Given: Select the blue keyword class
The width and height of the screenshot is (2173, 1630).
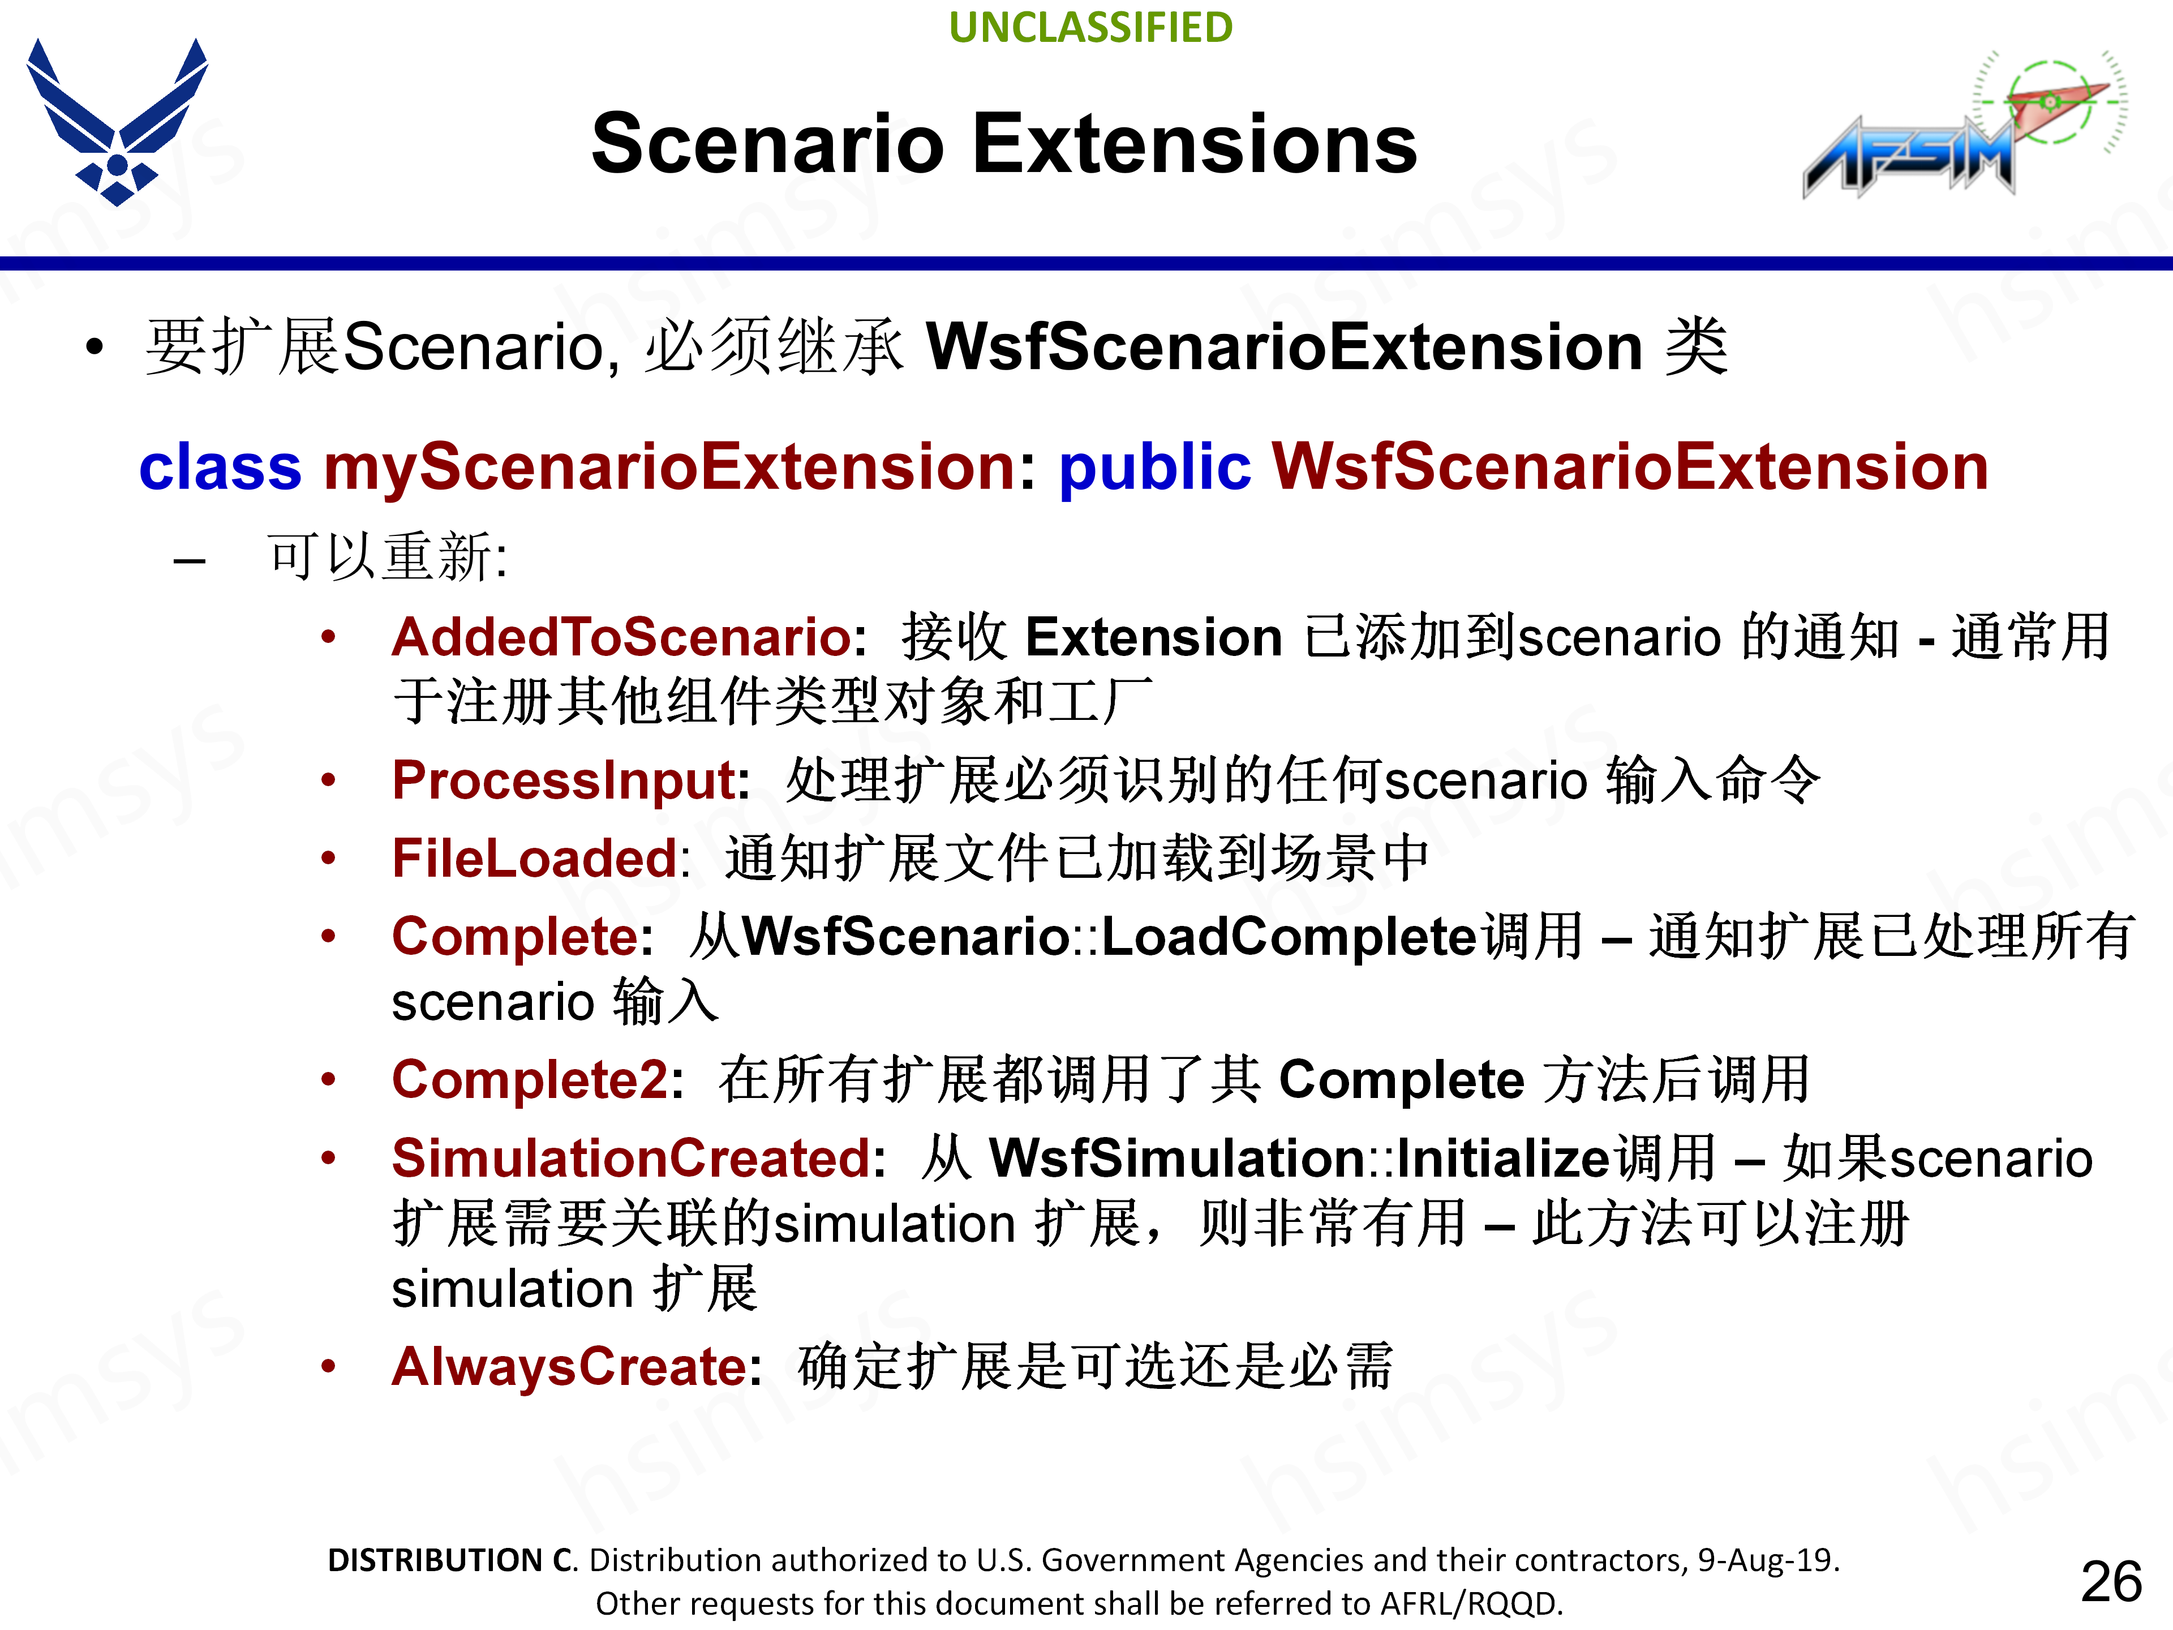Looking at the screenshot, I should (x=220, y=467).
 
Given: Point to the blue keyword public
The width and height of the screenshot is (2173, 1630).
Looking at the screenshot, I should (x=1154, y=467).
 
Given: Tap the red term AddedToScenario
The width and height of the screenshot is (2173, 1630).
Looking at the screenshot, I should (x=621, y=637).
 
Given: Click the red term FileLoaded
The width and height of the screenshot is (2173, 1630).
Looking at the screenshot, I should (x=535, y=858).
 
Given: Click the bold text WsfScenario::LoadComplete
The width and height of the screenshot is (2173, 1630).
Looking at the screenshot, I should (x=1108, y=936).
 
